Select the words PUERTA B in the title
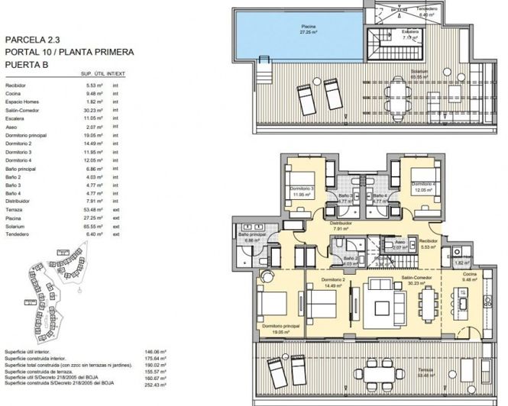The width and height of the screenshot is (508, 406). coord(28,66)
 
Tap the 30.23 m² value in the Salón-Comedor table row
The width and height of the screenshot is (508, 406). coord(95,111)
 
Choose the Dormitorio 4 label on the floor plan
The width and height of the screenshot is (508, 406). coord(422,185)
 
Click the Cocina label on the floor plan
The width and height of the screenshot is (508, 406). coord(469,273)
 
